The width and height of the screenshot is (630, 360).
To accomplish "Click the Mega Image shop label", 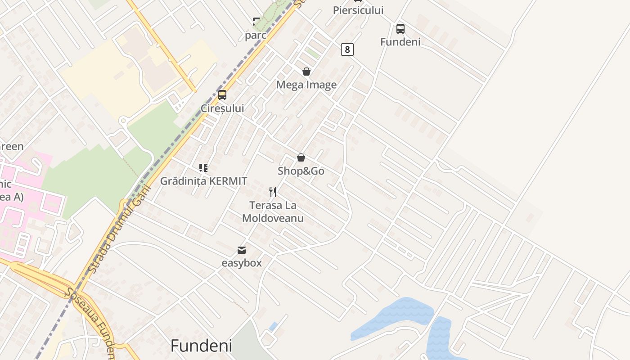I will (x=306, y=85).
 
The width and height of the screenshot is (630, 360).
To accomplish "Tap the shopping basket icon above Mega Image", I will (x=306, y=72).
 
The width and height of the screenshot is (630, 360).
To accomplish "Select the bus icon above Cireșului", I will (x=222, y=95).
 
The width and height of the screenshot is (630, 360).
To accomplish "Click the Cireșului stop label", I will (x=222, y=108).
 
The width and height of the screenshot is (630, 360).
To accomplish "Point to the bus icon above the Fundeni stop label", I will (x=400, y=29).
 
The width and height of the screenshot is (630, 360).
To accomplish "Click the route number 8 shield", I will (x=347, y=49).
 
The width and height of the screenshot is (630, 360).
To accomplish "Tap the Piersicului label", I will (x=358, y=10).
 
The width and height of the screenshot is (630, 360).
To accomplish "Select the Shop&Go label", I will (x=301, y=171).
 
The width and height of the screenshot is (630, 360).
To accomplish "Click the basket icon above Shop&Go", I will (x=301, y=157).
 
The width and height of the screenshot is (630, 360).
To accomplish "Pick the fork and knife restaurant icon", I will (x=273, y=192).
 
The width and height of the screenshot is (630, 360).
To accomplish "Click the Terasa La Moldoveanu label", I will (x=273, y=212).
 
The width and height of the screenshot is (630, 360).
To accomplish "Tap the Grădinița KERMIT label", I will (x=203, y=181).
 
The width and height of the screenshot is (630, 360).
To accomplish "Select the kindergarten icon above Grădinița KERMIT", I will (x=203, y=168).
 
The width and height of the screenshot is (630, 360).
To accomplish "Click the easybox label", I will (x=242, y=263).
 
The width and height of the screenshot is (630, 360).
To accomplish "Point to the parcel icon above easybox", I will (x=242, y=250).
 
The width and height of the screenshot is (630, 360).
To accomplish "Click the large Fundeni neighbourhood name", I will (x=201, y=346).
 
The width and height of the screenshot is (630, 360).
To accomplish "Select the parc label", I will (x=256, y=35).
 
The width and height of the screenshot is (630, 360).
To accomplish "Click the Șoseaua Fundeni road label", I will (x=90, y=322).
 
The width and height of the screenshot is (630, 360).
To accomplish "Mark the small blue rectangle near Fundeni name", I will (x=273, y=326).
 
